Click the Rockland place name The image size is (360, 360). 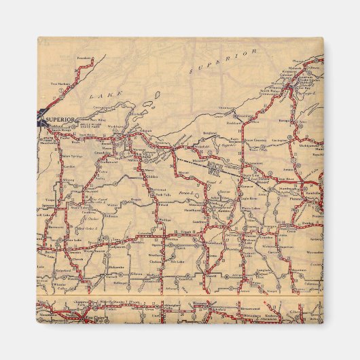tap(234, 123)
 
